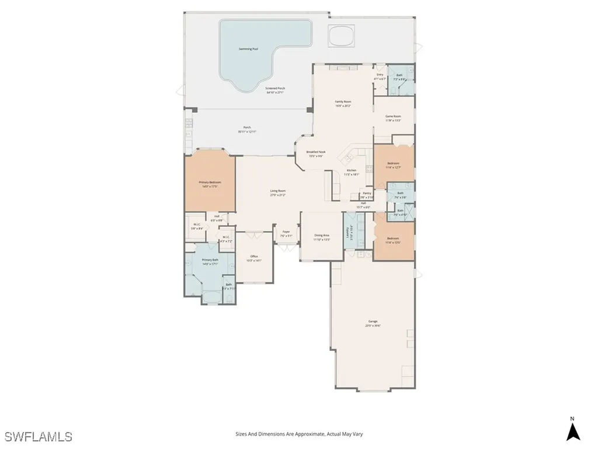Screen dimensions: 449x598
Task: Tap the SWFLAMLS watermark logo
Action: (x=39, y=436)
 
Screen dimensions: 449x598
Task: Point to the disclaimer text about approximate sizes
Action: (x=298, y=434)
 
